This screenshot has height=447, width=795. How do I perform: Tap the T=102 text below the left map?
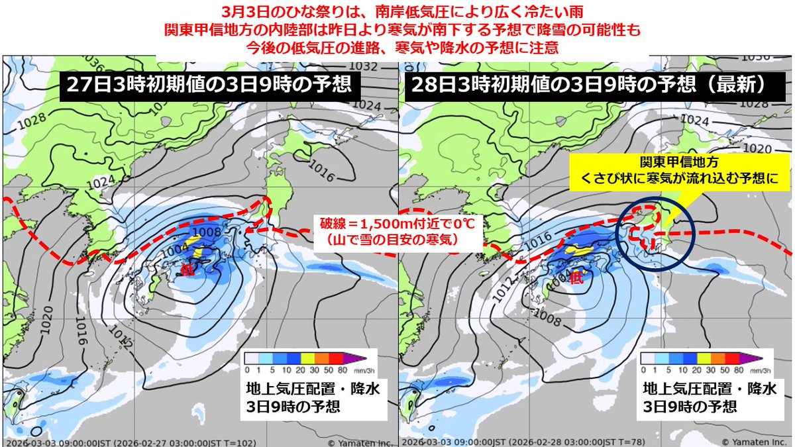[x=242, y=442]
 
